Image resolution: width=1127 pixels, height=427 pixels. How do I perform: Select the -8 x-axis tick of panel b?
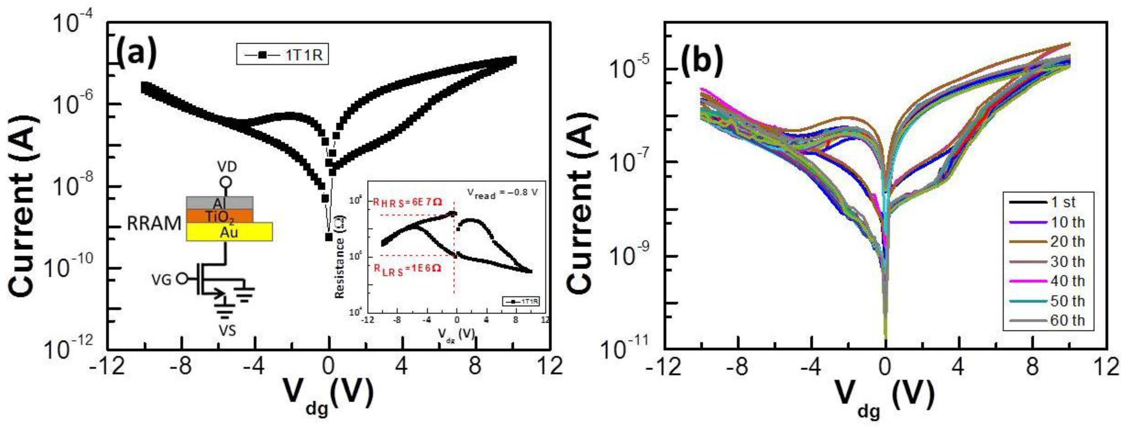point(738,367)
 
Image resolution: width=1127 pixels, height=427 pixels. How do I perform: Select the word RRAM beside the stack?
point(154,224)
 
